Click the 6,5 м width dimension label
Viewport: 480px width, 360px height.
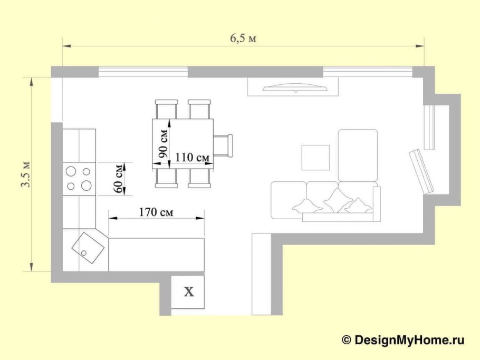click(243, 38)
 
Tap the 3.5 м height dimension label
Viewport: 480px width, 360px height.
click(26, 174)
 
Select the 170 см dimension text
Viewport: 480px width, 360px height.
click(156, 212)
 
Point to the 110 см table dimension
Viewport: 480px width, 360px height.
click(193, 157)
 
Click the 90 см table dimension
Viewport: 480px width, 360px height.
click(164, 144)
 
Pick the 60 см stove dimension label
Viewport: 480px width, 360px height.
click(118, 179)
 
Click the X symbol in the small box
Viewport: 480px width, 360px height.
click(189, 292)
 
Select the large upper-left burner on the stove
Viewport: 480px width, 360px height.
click(71, 171)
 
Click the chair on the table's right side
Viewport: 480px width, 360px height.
click(223, 145)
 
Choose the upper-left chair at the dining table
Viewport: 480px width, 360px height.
click(166, 109)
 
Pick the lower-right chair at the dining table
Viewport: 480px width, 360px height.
click(199, 178)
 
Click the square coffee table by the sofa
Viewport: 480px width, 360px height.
click(315, 158)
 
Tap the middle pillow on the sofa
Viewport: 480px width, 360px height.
click(337, 200)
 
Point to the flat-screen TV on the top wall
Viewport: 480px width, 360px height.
click(295, 88)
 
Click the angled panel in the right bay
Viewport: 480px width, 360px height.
click(421, 172)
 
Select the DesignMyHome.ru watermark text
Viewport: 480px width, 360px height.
click(409, 340)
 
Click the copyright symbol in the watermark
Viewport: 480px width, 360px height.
click(346, 340)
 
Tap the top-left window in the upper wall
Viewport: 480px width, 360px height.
click(142, 72)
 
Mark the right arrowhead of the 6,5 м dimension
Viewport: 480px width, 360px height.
click(420, 46)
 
